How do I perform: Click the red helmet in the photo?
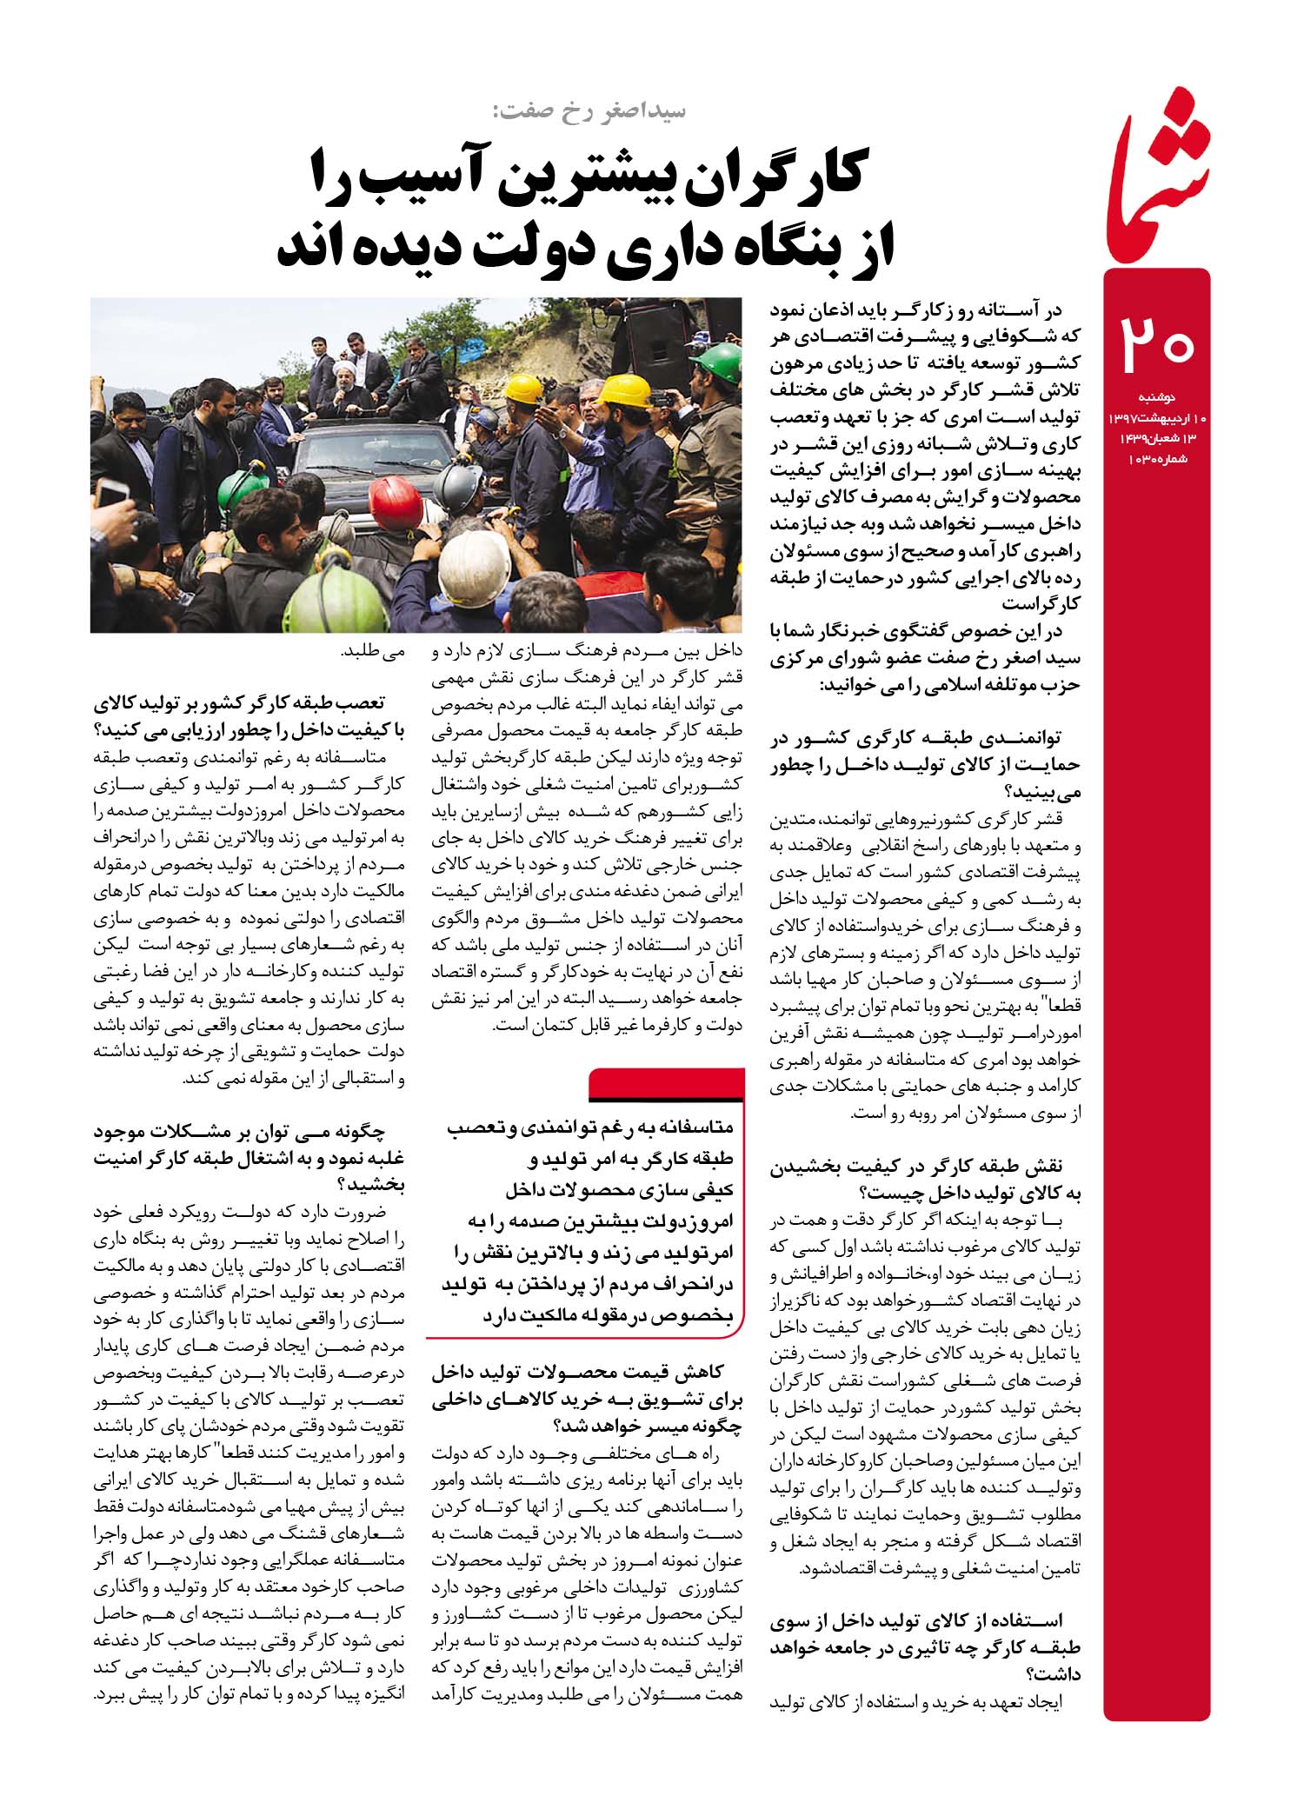coord(396,503)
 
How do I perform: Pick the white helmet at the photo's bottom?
coord(474,569)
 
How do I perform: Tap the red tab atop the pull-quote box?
coord(666,1083)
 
